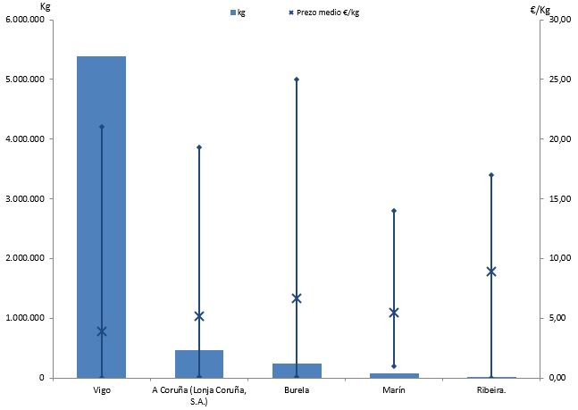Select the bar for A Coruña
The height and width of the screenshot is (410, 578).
198,364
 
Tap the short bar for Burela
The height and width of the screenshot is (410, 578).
297,371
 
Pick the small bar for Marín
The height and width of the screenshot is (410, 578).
394,375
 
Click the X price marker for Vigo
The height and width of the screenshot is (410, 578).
102,331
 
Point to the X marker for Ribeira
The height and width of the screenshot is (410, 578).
491,271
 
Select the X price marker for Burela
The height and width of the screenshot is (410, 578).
297,298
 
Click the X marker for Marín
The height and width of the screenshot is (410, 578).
394,312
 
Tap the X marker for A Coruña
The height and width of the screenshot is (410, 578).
199,316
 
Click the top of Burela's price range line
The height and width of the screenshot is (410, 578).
297,79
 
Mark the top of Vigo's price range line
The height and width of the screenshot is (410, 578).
102,127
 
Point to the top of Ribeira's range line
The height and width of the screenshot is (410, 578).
491,175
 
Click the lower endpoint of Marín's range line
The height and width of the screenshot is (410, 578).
394,366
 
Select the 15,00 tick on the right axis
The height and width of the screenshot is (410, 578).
558,198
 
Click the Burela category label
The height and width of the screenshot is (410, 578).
297,390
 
